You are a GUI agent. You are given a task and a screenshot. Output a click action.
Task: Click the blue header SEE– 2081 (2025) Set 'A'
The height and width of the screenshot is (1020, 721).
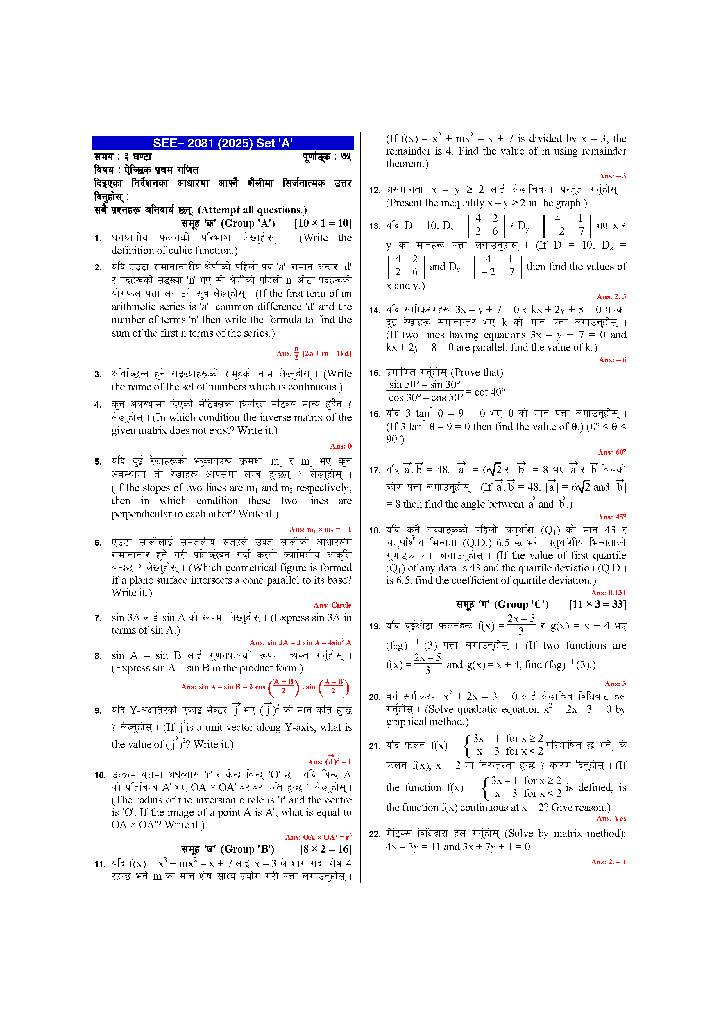(x=223, y=143)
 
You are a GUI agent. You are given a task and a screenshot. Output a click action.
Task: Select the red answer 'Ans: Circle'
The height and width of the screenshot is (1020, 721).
(x=332, y=605)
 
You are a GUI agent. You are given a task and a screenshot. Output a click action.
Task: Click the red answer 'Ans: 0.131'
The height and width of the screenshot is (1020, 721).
(x=608, y=593)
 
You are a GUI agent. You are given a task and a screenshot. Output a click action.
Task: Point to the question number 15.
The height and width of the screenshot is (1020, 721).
(x=375, y=373)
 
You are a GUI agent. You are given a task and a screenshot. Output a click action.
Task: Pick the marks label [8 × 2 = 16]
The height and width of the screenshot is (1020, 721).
(x=326, y=849)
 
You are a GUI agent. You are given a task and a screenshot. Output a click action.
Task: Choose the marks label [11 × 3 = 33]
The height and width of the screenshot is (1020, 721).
(x=597, y=604)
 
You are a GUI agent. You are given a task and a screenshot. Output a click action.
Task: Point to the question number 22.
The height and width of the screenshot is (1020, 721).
(x=375, y=834)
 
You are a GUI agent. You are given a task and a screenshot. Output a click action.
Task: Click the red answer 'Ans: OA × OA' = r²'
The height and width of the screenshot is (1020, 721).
(x=318, y=837)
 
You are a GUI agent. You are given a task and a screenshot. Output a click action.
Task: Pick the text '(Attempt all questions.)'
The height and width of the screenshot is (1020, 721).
(x=252, y=210)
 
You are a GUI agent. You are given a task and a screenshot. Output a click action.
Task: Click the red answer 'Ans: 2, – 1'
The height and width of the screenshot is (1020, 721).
(x=608, y=862)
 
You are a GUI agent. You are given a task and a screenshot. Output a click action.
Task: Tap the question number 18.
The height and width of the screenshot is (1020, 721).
(x=375, y=530)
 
